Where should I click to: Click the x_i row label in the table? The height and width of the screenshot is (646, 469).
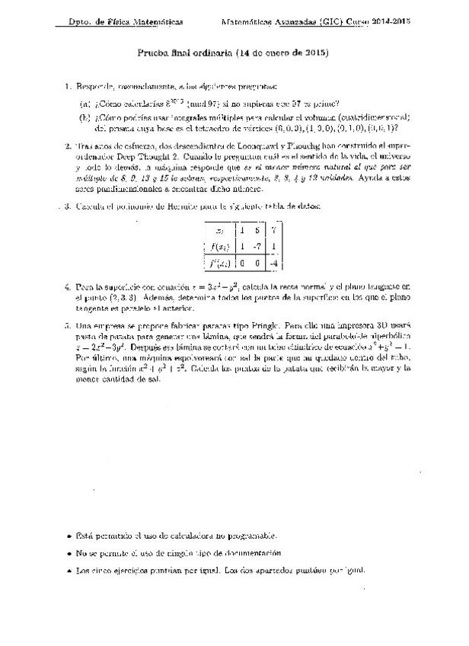point(220,230)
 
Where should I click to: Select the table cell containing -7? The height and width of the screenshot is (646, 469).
point(257,246)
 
